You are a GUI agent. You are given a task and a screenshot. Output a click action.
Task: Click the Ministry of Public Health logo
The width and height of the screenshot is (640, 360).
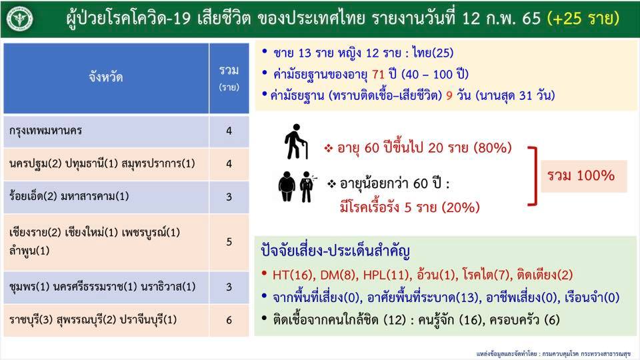click(19, 19)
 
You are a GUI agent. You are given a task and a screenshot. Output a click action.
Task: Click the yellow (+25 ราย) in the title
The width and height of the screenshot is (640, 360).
click(583, 19)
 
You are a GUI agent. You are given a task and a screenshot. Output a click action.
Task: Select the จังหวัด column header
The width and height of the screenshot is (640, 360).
click(106, 77)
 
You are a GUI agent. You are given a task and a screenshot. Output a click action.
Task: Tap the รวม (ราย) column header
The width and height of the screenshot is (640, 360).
click(229, 77)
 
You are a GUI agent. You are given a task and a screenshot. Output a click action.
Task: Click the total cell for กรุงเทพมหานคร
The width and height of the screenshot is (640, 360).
click(229, 131)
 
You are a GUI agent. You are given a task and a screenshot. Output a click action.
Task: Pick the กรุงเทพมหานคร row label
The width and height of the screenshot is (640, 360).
click(46, 131)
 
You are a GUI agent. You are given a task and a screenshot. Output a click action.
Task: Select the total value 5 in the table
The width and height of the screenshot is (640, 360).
click(229, 241)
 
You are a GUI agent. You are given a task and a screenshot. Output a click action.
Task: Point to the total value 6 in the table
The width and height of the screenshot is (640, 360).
click(229, 320)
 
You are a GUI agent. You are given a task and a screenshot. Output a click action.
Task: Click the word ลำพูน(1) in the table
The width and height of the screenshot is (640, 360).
click(29, 250)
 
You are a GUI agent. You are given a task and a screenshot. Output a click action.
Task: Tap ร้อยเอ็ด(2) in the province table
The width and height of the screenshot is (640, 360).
click(33, 196)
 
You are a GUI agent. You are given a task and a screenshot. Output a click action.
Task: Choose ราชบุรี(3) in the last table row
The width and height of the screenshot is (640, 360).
click(31, 319)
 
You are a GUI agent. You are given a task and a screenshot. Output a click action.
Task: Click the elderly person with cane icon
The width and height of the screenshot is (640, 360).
click(296, 141)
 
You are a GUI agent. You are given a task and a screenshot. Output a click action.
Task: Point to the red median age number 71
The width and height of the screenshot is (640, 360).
click(379, 74)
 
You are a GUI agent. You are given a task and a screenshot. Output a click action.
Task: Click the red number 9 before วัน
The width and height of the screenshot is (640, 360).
click(449, 95)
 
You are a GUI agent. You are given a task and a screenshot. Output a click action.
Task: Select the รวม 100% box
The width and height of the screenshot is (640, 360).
click(584, 176)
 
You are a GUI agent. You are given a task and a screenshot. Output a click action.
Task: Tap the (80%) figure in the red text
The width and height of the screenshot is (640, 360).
click(493, 147)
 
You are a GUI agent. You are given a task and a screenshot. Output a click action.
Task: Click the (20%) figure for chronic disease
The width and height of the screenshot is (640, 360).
click(461, 207)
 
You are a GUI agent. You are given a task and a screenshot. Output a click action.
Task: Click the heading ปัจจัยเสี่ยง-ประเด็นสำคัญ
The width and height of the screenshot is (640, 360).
click(335, 251)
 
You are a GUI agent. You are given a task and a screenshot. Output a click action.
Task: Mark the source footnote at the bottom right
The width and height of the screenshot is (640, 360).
click(553, 353)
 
